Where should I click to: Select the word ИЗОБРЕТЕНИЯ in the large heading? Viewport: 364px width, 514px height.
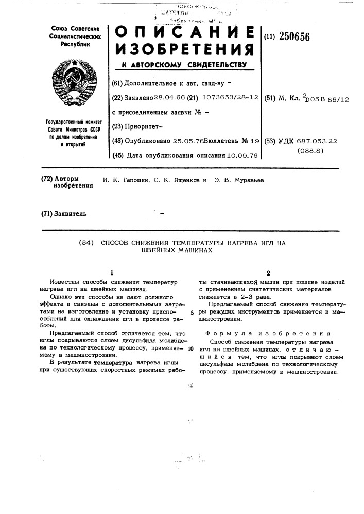pos(184,50)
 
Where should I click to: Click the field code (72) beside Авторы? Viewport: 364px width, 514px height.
pos(47,179)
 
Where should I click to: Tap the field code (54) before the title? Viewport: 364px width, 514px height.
pos(86,242)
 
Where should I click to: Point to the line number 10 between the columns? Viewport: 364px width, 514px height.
pos(190,349)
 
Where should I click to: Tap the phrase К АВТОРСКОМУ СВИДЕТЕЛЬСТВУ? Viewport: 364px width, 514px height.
pos(184,65)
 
